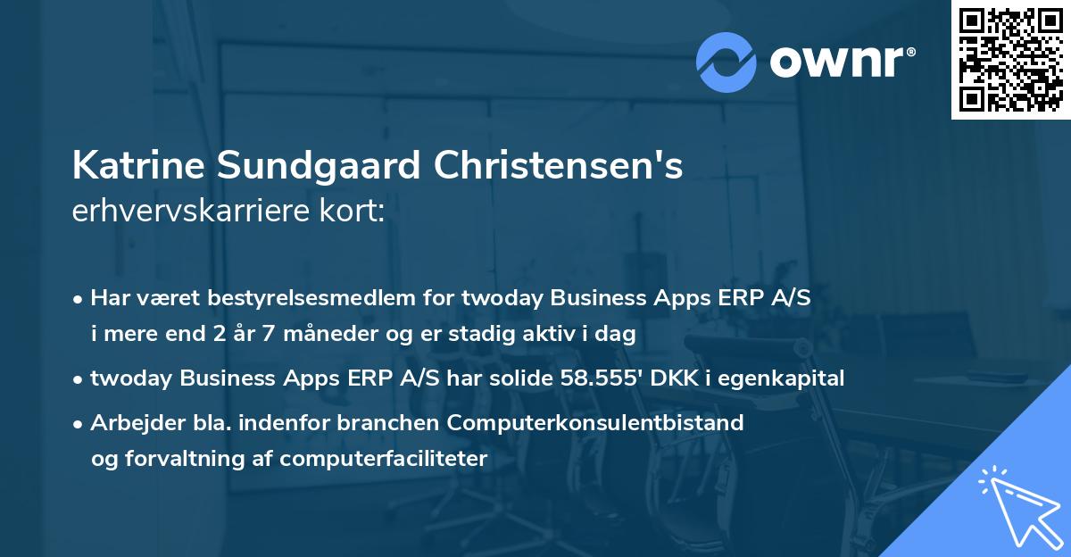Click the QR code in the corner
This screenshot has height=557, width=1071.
[1011, 59]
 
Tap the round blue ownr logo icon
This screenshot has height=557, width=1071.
[726, 61]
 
